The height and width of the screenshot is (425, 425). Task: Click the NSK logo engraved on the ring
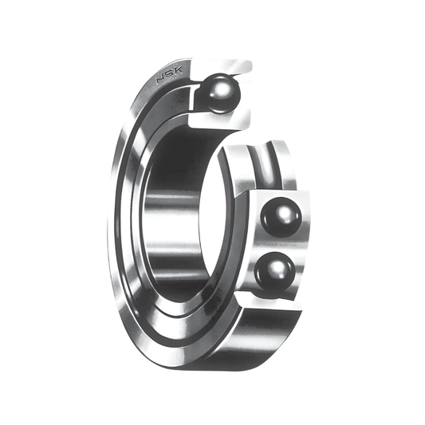pos(169,74)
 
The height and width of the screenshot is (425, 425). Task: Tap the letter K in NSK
pos(178,70)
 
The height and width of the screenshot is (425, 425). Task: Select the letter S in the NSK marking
pos(170,74)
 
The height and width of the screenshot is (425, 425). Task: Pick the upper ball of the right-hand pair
pos(281,218)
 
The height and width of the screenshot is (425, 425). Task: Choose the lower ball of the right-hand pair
pos(275,272)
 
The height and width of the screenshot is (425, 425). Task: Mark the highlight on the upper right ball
pos(284,211)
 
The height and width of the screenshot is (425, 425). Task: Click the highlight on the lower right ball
pos(277,267)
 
